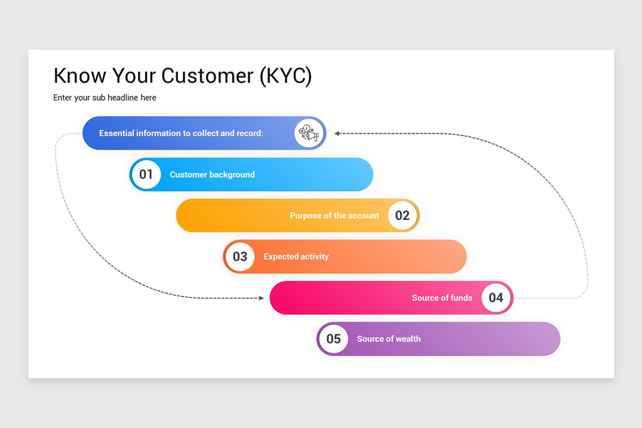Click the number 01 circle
click(146, 174)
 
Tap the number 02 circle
click(402, 216)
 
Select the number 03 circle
click(240, 257)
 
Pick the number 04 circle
click(496, 298)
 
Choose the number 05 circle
click(333, 339)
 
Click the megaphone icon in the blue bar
click(310, 133)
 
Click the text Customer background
click(212, 174)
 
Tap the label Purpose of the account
click(334, 216)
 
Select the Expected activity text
click(296, 257)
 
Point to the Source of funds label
click(442, 298)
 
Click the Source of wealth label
click(389, 339)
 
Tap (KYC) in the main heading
click(285, 76)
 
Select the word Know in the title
click(80, 76)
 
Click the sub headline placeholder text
click(105, 97)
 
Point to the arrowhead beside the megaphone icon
click(338, 133)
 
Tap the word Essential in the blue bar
click(116, 133)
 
